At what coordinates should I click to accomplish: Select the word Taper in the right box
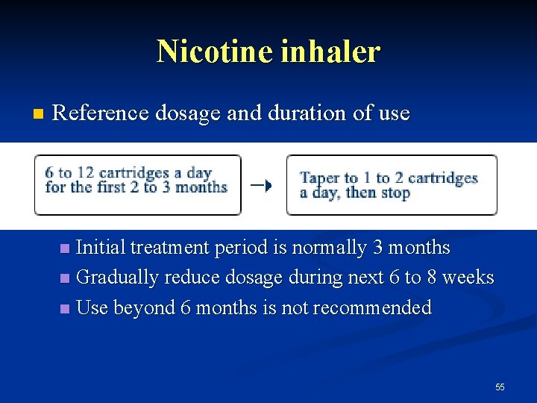pos(318,178)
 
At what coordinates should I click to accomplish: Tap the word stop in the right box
pos(395,193)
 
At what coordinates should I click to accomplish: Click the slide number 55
pos(500,387)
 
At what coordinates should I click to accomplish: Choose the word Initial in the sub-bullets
pos(101,247)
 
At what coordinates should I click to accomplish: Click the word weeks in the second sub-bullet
pos(468,277)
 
